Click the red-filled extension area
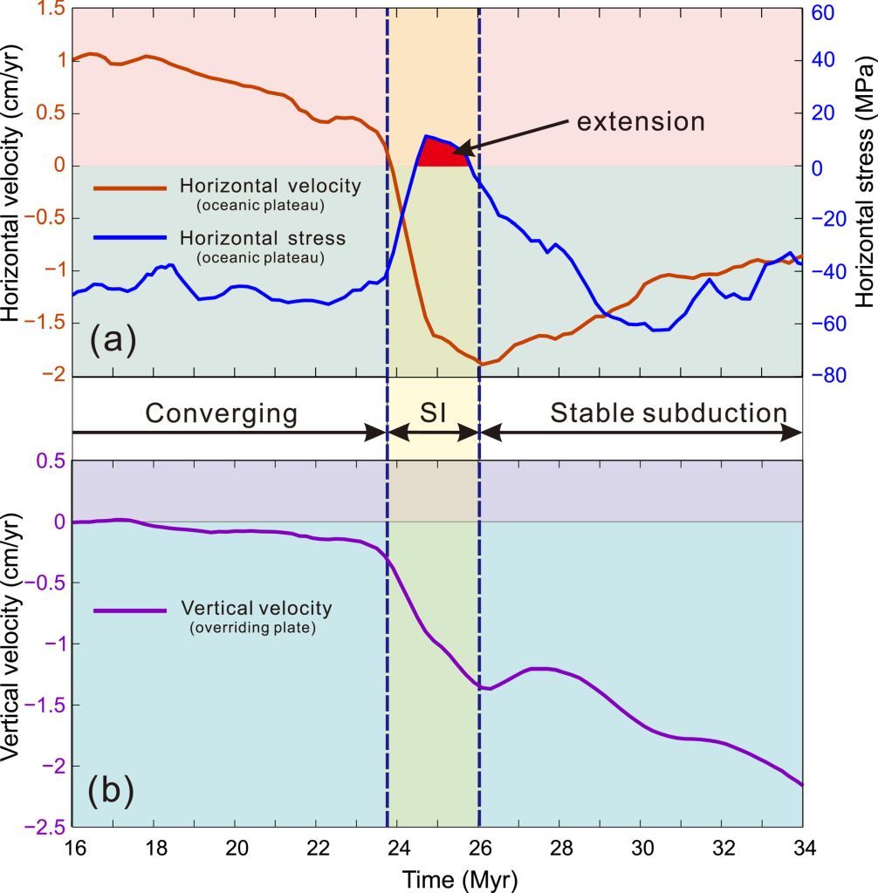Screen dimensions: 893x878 click(x=441, y=154)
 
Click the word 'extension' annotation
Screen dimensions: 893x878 click(x=640, y=121)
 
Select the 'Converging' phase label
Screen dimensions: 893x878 click(x=222, y=412)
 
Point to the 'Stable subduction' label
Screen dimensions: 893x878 click(x=669, y=412)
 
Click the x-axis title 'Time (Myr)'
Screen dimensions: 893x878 click(x=437, y=878)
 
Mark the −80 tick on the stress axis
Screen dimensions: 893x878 click(x=826, y=376)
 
